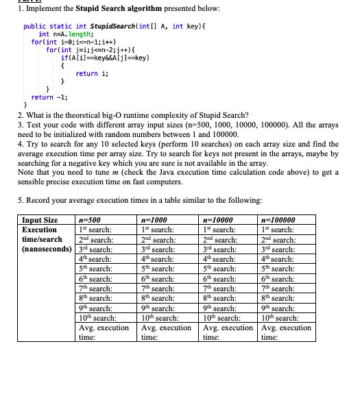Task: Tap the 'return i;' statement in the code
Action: [87, 73]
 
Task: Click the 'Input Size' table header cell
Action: [40, 220]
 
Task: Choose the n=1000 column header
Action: [150, 220]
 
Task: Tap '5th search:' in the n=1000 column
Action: [156, 269]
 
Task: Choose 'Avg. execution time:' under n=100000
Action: [286, 332]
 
